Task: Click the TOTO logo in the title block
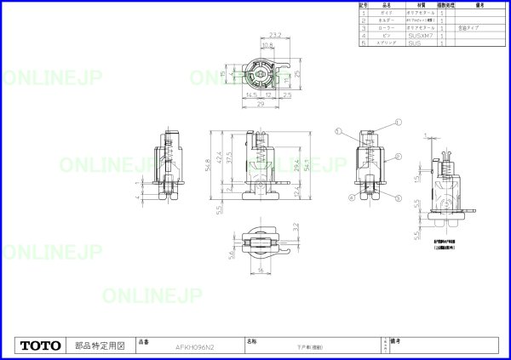pyautogui.click(x=40, y=346)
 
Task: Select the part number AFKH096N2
pyautogui.click(x=195, y=347)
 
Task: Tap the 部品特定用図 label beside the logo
pyautogui.click(x=100, y=346)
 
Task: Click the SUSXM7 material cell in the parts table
pyautogui.click(x=421, y=36)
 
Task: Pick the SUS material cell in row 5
pyautogui.click(x=416, y=43)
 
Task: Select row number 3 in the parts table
pyautogui.click(x=365, y=28)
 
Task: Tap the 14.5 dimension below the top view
pyautogui.click(x=250, y=94)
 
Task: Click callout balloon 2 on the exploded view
pyautogui.click(x=398, y=157)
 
